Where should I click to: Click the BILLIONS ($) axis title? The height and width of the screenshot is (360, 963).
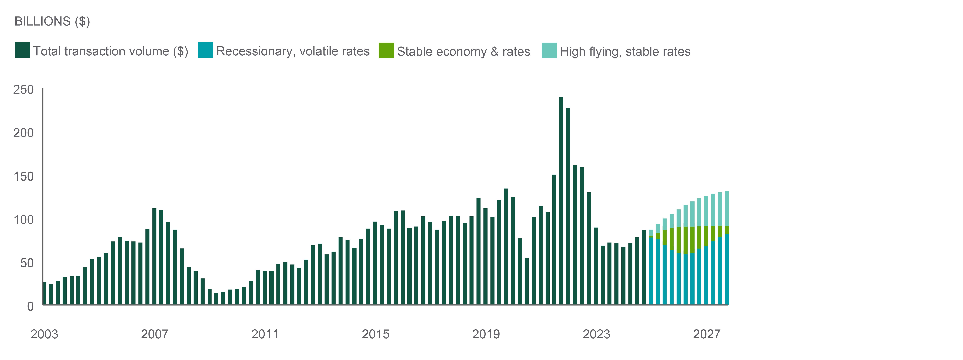[52, 21]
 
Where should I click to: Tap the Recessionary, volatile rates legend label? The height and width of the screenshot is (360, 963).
[293, 51]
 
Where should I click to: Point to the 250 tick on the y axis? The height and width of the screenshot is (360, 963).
[24, 90]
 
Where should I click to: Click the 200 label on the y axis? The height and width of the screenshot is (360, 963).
[24, 133]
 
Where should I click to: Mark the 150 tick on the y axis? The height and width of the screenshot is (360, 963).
[24, 176]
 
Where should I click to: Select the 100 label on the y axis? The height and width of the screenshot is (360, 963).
[24, 220]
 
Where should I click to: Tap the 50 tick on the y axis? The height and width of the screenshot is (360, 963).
[27, 263]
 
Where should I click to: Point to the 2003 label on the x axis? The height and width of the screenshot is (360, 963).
[44, 334]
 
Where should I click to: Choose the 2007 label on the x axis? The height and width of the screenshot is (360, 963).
[154, 334]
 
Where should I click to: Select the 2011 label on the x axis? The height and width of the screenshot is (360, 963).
[265, 334]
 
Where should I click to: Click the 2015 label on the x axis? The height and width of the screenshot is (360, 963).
[375, 334]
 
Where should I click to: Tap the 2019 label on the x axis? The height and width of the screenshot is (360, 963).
[486, 334]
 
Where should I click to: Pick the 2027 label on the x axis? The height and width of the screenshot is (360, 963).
[707, 334]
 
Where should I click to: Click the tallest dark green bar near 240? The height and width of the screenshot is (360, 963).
[561, 202]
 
